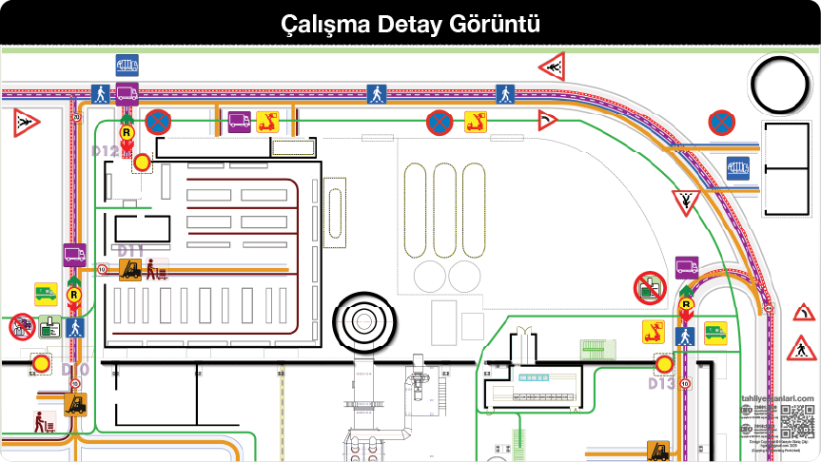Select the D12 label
click(x=105, y=150)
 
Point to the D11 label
click(x=130, y=251)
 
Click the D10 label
click(x=75, y=369)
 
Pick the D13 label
click(x=662, y=383)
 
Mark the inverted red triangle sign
click(x=685, y=201)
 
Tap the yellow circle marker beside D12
click(x=142, y=162)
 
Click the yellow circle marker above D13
click(x=664, y=363)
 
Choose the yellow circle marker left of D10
click(x=40, y=362)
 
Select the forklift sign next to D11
click(x=129, y=270)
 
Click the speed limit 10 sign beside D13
click(x=684, y=384)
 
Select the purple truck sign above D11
click(x=74, y=255)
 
